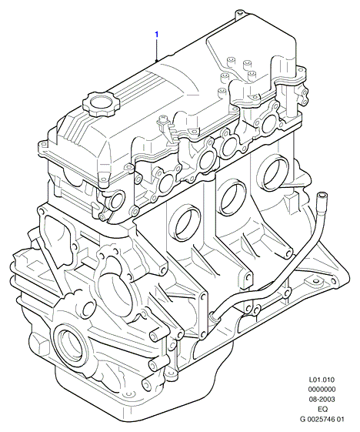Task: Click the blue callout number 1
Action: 156,35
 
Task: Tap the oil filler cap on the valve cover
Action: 98,103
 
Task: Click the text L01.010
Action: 322,380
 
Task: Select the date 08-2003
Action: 322,399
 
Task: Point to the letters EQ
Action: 322,409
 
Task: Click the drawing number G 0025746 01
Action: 322,419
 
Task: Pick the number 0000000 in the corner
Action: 322,390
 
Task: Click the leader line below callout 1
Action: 157,49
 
